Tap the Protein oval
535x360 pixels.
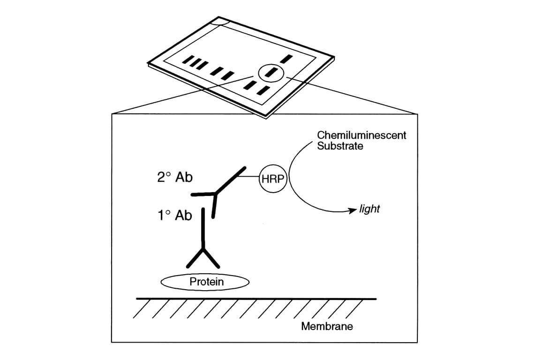coord(205,282)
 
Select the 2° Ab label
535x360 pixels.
coord(174,178)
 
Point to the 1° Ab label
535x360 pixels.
coord(174,215)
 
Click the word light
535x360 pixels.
coord(369,209)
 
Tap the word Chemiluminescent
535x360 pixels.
coord(362,135)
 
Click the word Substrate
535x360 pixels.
coord(340,146)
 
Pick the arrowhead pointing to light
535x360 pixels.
coord(353,211)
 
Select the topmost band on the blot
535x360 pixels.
coord(286,59)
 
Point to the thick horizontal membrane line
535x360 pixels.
coord(256,299)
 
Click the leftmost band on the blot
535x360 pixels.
coord(188,60)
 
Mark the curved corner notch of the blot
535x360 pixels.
coord(220,21)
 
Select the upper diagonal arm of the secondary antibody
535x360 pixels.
coord(230,179)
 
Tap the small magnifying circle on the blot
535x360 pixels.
coord(271,72)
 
